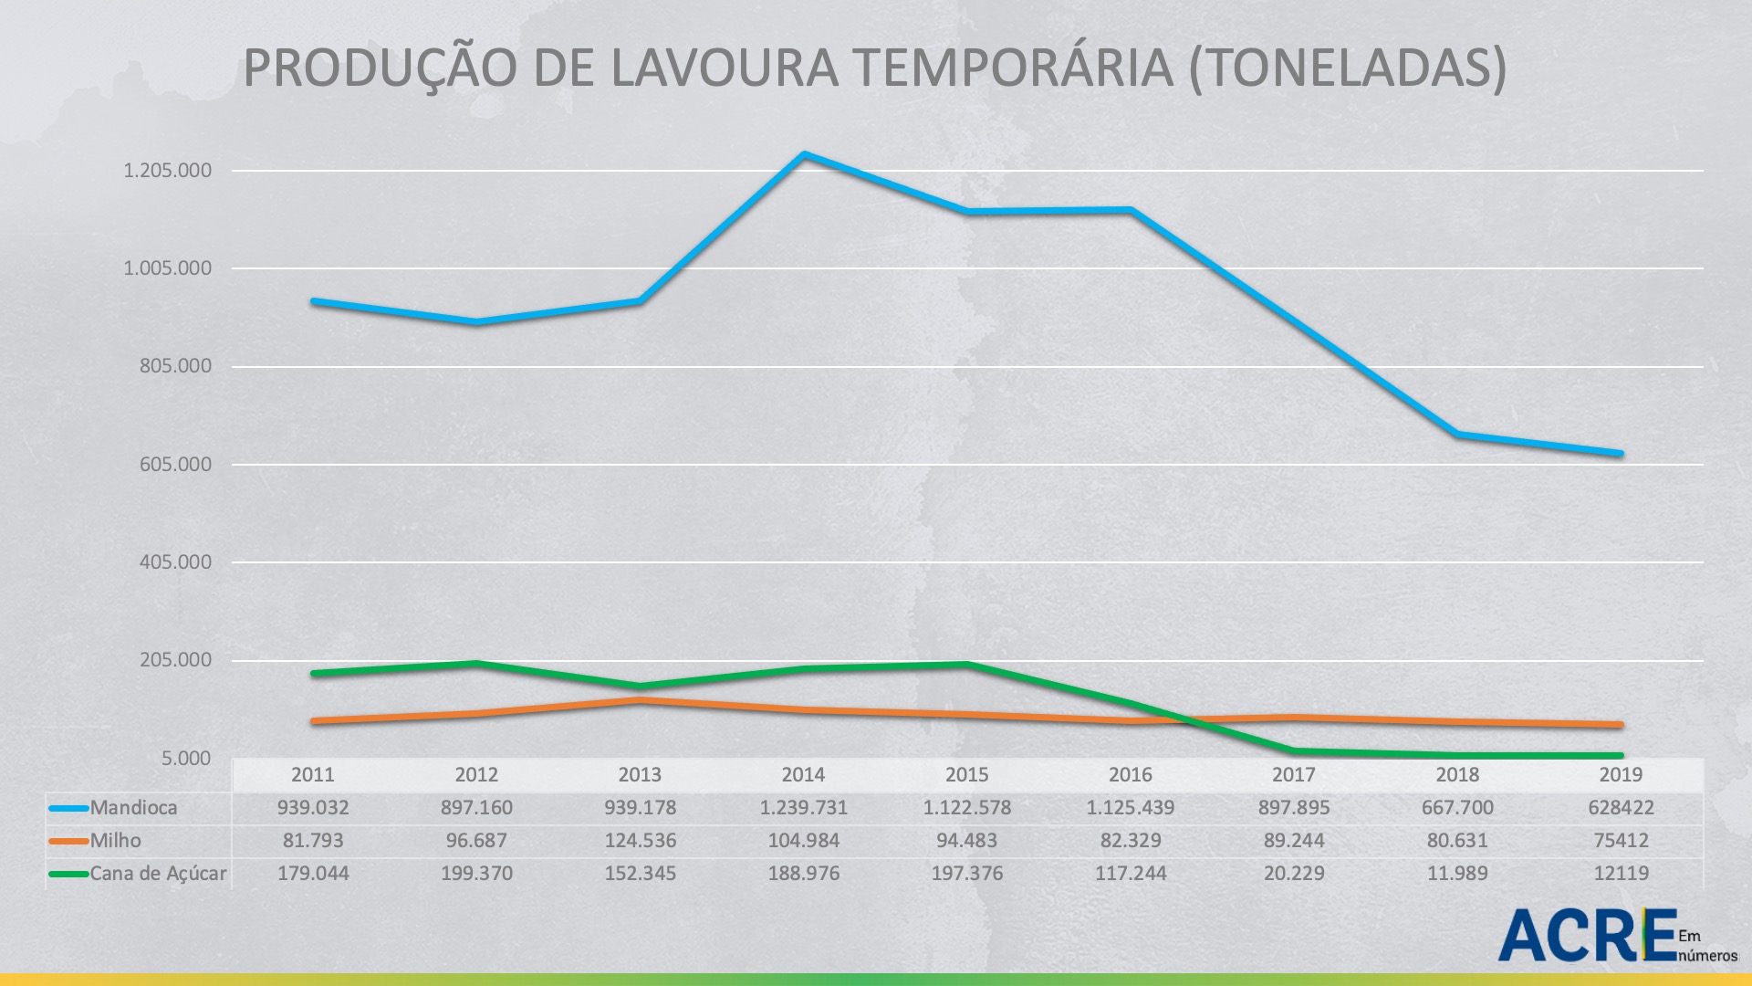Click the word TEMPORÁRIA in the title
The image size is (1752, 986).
pos(1013,68)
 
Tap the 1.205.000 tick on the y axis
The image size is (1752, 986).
pos(167,171)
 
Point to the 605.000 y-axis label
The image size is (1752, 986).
pos(174,464)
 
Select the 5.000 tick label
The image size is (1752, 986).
pos(186,758)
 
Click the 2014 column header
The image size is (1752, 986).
pos(803,775)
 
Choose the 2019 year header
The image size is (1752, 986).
pos(1621,775)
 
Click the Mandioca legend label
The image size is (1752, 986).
pos(133,808)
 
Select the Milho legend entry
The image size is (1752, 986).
pos(115,841)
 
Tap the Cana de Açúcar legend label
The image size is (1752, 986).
pos(158,874)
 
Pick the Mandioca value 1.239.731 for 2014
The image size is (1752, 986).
pos(803,808)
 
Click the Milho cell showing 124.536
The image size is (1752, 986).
pos(640,841)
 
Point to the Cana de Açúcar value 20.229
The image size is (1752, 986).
pos(1294,874)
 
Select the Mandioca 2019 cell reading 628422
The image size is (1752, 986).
pos(1621,808)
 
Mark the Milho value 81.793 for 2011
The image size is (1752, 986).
pos(313,841)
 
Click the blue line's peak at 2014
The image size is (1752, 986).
pos(803,154)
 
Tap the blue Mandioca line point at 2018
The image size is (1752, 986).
pos(1457,434)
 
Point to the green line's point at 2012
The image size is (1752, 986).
pos(476,663)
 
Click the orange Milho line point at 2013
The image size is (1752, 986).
pos(640,700)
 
